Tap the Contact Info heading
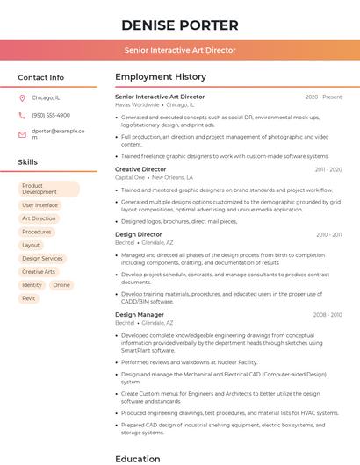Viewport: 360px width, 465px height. click(x=40, y=77)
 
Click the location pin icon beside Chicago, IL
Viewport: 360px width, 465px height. click(x=22, y=98)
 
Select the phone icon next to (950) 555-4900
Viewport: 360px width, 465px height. click(x=22, y=115)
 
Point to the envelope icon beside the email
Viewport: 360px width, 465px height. click(x=22, y=134)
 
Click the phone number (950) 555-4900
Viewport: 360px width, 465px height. click(x=51, y=115)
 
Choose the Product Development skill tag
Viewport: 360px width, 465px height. click(x=48, y=189)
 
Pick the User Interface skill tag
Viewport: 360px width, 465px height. click(x=40, y=205)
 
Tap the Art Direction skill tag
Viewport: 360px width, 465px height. click(x=39, y=218)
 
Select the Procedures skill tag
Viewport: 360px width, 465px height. click(x=37, y=232)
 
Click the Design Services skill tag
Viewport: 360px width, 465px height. click(x=42, y=259)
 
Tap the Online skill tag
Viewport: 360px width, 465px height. click(x=61, y=285)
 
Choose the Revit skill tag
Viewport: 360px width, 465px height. click(x=29, y=298)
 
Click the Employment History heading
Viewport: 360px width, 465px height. click(x=161, y=77)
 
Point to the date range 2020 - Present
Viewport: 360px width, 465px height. click(x=323, y=97)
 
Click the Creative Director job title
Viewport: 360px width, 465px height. click(x=140, y=169)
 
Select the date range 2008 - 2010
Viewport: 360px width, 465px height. click(x=327, y=314)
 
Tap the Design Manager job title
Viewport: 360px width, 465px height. click(x=140, y=314)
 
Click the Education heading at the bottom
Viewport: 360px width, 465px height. click(x=138, y=458)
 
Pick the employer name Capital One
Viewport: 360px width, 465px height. click(x=130, y=177)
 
